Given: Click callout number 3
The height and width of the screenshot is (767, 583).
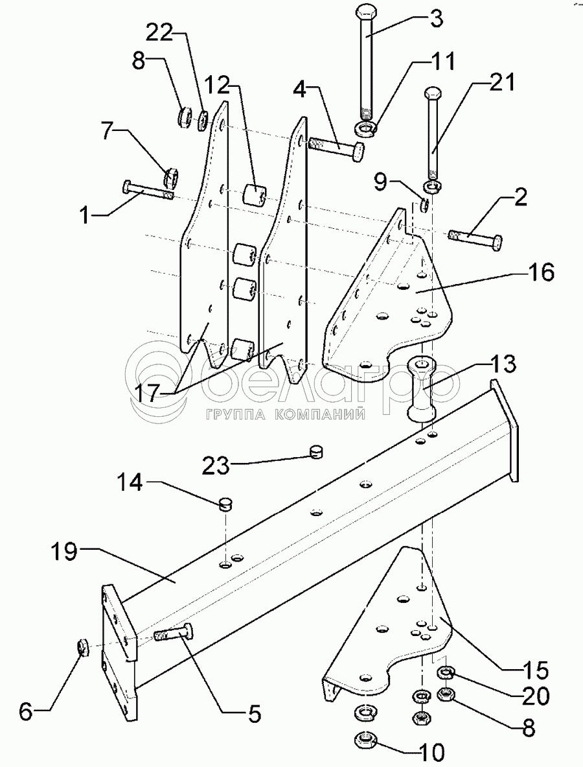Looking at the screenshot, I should coord(437,19).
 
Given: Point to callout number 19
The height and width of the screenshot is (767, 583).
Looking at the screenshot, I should coord(65,552).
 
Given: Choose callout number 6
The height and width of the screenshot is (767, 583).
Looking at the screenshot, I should coord(25,712).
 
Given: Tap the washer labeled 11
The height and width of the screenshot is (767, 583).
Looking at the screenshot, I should coord(365,130).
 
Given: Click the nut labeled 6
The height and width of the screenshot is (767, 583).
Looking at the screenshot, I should coord(83,646).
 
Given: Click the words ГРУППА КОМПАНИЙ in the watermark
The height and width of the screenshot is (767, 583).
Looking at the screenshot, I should coord(286,415).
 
